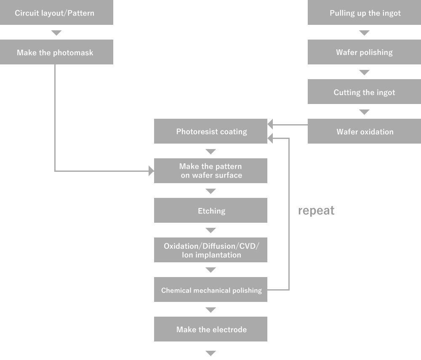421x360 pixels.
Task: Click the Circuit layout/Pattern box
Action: (56, 12)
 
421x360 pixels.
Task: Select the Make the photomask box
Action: (56, 52)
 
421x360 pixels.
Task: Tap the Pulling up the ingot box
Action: (364, 12)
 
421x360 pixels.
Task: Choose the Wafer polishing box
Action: (364, 52)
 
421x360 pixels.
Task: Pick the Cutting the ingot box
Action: (364, 91)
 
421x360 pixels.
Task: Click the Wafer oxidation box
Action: (364, 131)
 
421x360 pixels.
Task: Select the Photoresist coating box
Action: (210, 131)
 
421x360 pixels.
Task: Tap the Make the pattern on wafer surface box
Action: (210, 171)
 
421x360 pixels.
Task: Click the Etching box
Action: (210, 211)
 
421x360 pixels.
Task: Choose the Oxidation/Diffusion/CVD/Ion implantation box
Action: (210, 250)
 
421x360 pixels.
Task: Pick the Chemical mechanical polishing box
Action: (210, 289)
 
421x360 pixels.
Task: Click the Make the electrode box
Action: (210, 329)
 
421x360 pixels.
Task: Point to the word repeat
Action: (316, 211)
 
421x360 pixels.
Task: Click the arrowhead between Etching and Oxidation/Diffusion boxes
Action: (211, 230)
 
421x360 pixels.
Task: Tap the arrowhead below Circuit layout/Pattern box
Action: (56, 33)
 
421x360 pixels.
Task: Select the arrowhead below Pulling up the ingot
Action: (364, 33)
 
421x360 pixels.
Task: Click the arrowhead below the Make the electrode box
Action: (211, 353)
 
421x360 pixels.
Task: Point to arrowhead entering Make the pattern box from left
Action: (152, 171)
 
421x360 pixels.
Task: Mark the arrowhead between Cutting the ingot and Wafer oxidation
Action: (364, 112)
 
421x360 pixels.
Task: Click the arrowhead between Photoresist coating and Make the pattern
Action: (211, 152)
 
